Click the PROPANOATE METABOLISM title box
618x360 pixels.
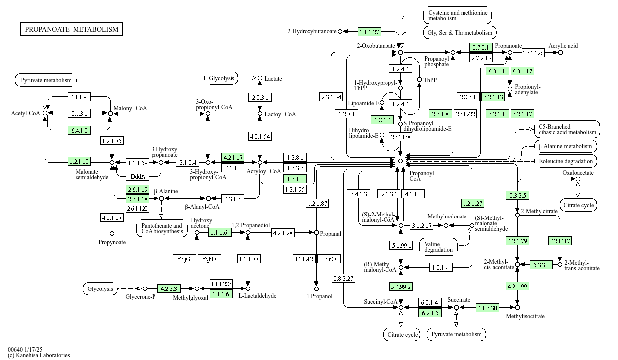point(71,29)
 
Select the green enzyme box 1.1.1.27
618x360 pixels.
point(370,32)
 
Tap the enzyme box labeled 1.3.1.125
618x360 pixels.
point(534,53)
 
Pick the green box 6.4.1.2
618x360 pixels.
point(79,130)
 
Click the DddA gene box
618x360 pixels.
point(138,176)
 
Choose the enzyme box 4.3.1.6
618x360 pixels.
point(232,199)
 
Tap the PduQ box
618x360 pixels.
point(329,259)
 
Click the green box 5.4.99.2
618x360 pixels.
point(401,287)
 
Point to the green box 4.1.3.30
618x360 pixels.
point(487,307)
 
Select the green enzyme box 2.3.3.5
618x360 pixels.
point(518,195)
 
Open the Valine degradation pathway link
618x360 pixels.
point(438,247)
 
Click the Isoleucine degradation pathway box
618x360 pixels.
point(565,161)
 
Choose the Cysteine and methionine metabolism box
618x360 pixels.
point(458,15)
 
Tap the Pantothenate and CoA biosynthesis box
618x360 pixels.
point(162,229)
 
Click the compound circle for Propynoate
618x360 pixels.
point(112,234)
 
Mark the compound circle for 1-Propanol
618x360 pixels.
point(317,288)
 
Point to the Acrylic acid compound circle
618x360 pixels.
point(560,53)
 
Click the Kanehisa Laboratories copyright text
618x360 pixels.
point(39,355)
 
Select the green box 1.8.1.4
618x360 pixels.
point(382,120)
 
